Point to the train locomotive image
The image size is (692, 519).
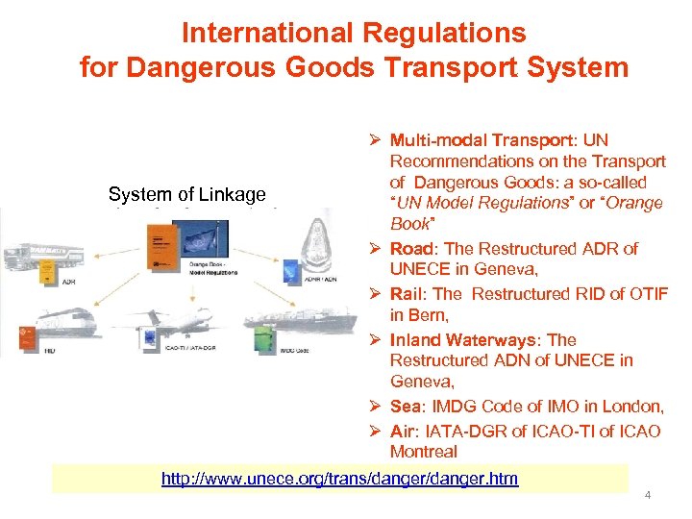(53, 322)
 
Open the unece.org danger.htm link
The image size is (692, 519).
(339, 478)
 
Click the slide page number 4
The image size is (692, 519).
(648, 495)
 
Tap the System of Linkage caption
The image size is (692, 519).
(186, 194)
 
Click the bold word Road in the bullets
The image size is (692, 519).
(409, 249)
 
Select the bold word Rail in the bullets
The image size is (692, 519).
(407, 294)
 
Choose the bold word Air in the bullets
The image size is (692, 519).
(403, 431)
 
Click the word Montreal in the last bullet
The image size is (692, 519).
(424, 452)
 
